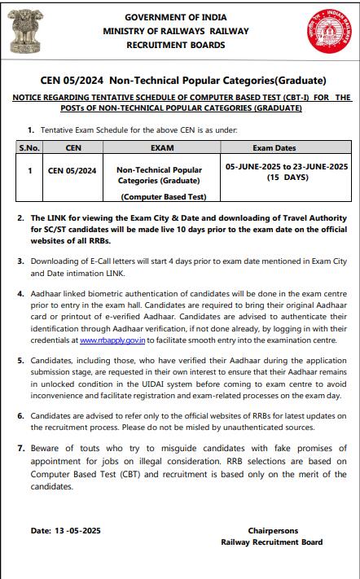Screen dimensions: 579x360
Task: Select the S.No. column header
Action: (x=29, y=148)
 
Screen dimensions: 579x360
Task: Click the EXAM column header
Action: (x=164, y=148)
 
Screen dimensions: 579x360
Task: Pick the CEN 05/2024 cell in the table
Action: (x=72, y=171)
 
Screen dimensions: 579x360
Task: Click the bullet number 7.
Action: (x=20, y=449)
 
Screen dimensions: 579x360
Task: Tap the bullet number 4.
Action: (x=20, y=291)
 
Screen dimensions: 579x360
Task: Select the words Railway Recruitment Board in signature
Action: (x=271, y=542)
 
